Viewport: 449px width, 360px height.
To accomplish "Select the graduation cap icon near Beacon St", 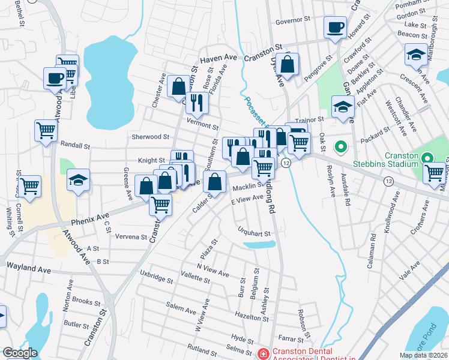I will [415, 55].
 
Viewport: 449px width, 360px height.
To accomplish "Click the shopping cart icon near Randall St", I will [46, 130].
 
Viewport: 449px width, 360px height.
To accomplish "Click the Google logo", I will [19, 353].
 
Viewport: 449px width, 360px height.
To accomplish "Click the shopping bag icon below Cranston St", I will [288, 65].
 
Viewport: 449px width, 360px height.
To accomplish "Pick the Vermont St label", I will [202, 126].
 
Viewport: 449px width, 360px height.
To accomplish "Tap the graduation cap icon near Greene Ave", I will [78, 180].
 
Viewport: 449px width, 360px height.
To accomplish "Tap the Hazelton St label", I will [252, 315].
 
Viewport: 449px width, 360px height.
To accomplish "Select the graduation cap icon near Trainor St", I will [342, 108].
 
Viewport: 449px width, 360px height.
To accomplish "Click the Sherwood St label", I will [146, 137].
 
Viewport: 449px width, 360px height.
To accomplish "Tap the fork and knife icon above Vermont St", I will [196, 103].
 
